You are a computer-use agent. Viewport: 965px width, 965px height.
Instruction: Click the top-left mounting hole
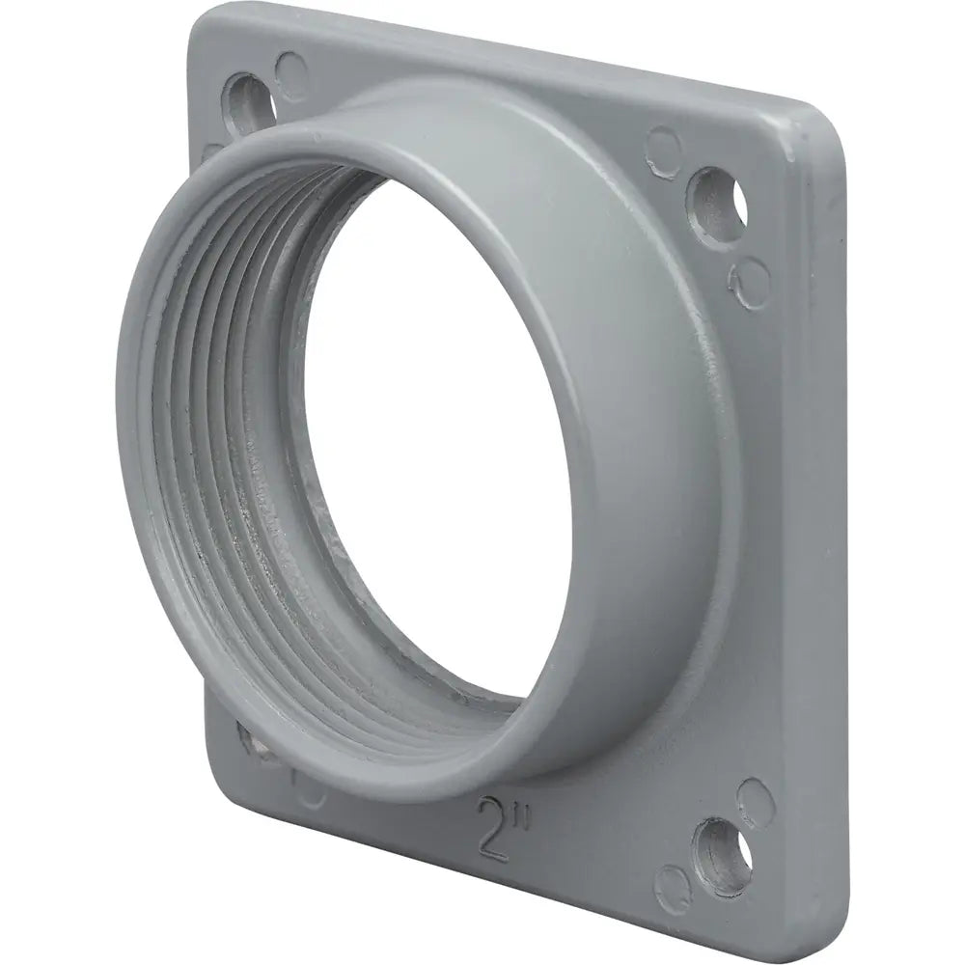click(x=250, y=104)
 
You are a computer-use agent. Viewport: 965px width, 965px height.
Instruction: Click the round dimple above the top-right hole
click(x=664, y=147)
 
